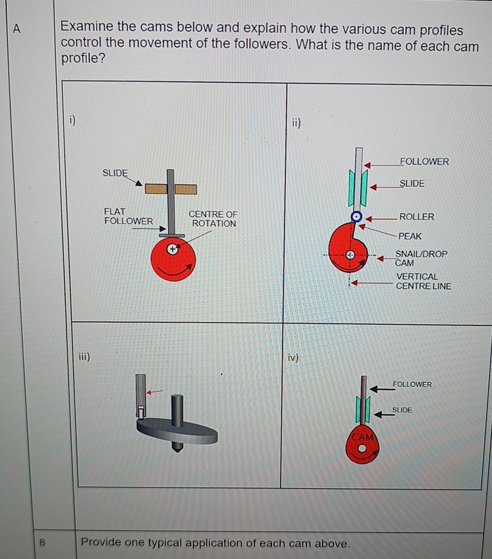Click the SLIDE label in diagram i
point(115,172)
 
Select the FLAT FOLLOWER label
point(128,216)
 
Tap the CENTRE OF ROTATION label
point(213,219)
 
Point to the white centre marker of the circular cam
point(173,250)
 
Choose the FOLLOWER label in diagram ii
point(424,162)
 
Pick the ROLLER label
point(416,217)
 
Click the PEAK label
point(410,235)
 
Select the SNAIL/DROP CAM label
point(421,258)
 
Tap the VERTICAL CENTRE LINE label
point(423,281)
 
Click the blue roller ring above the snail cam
point(356,216)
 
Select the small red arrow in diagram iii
point(154,392)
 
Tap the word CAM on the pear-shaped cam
point(362,437)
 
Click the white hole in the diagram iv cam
point(362,449)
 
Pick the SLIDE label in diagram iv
point(402,410)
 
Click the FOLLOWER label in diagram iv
point(412,384)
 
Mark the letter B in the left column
point(42,543)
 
